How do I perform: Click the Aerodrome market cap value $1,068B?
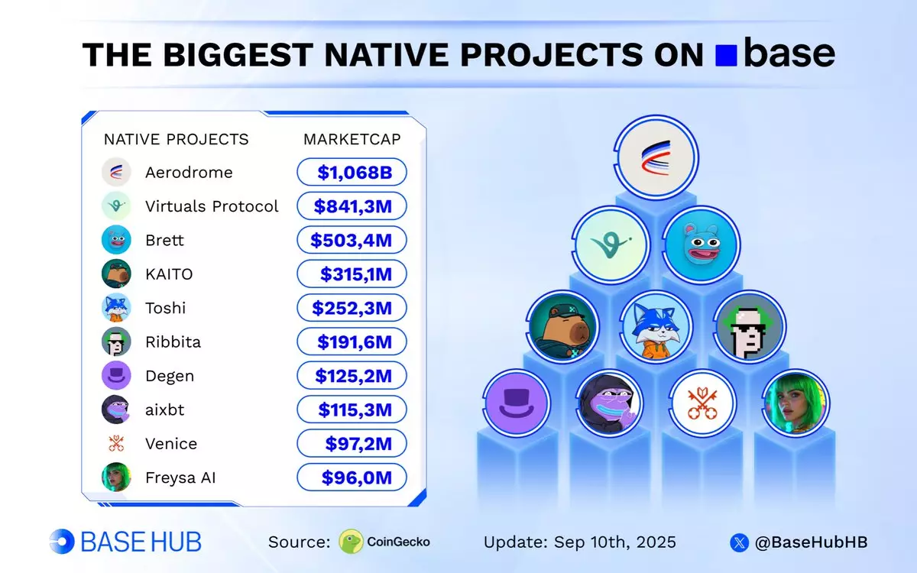point(355,173)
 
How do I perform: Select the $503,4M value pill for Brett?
point(352,240)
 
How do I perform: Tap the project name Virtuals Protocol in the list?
point(212,206)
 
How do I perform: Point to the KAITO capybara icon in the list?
point(116,274)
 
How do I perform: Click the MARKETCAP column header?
point(352,139)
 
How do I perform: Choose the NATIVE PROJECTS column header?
point(176,139)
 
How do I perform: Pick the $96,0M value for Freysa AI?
point(357,477)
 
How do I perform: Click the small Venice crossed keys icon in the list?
point(116,443)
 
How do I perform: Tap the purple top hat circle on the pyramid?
point(517,403)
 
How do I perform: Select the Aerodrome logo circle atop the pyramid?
point(656,158)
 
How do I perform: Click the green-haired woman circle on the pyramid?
point(795,403)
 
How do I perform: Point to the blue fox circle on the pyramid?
point(656,327)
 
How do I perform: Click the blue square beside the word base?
point(726,55)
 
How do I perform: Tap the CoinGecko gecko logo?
point(351,542)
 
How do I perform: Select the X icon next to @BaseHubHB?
point(740,542)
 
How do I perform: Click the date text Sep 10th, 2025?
point(615,542)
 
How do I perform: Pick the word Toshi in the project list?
point(165,308)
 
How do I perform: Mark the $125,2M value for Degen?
point(353,376)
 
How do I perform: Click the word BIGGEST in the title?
point(238,54)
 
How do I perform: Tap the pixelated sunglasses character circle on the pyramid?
point(750,327)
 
